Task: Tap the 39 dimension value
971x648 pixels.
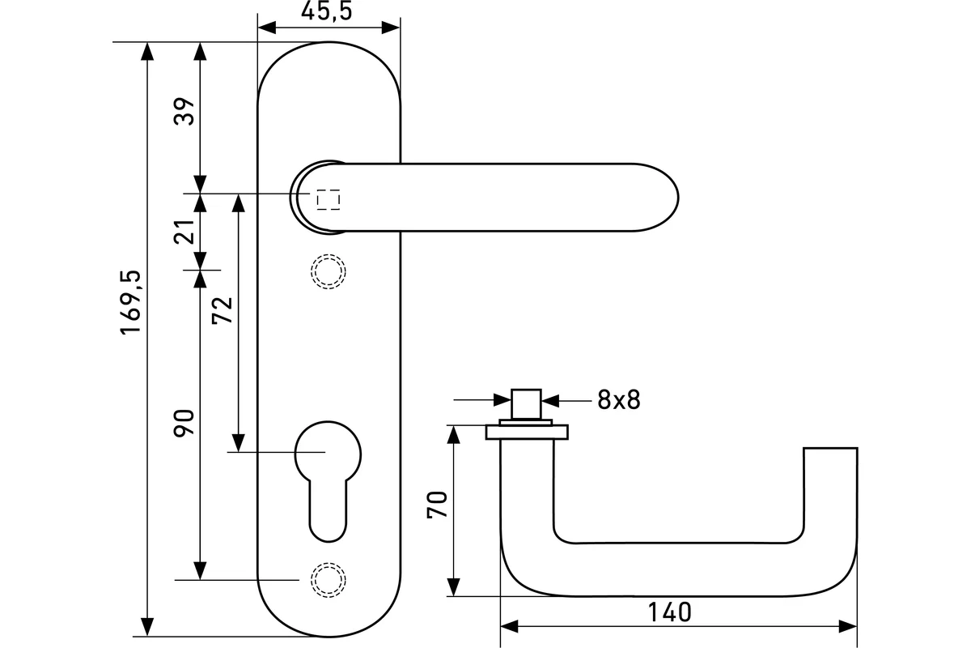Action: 185,112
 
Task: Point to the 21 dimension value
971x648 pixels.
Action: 185,232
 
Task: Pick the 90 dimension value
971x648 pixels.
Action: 185,423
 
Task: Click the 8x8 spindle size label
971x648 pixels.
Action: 619,399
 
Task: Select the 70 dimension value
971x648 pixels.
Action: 437,508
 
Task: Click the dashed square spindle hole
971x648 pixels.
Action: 328,199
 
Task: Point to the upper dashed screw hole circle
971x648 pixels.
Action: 328,271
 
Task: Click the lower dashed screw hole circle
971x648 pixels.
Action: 328,580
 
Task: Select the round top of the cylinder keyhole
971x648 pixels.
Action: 327,450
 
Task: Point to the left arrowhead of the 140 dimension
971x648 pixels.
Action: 509,626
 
